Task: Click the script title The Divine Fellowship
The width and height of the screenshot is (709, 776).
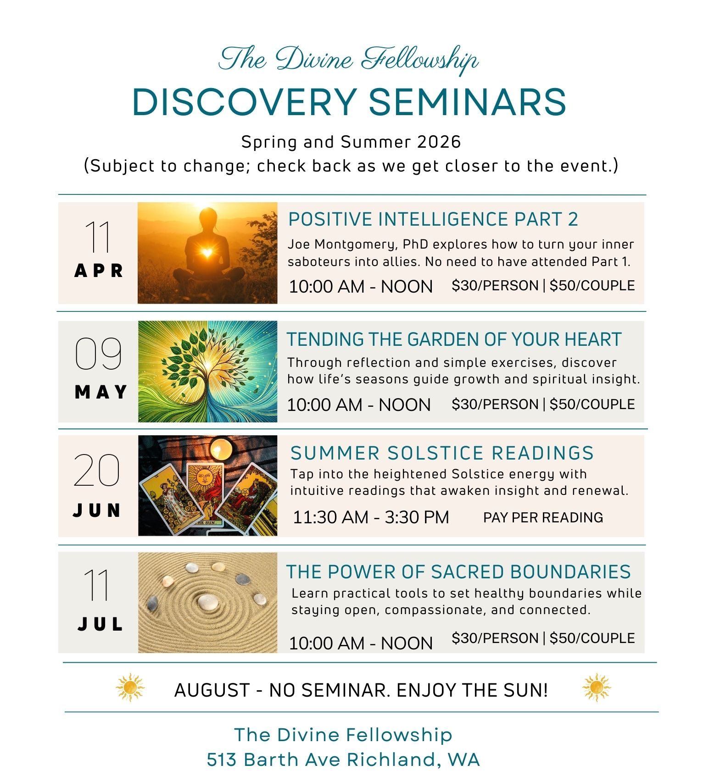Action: click(348, 60)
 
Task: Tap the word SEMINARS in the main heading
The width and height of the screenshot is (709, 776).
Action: click(467, 102)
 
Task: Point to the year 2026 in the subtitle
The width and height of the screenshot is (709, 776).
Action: click(439, 142)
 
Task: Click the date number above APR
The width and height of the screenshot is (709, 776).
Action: click(98, 237)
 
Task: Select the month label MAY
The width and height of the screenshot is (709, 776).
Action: click(100, 392)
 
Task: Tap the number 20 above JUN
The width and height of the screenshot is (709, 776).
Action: click(97, 470)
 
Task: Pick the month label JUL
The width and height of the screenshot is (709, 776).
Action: click(100, 624)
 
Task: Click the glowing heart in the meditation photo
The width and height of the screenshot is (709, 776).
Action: click(207, 252)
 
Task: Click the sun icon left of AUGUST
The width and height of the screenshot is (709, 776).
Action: click(130, 687)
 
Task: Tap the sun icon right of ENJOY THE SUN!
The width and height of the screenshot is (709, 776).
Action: click(596, 687)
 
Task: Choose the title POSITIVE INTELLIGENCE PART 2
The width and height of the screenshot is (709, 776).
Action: click(433, 219)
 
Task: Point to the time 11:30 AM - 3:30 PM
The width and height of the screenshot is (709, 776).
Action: click(371, 517)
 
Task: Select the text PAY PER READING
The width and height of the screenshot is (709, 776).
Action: click(543, 517)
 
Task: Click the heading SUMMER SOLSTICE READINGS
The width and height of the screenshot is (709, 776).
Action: click(442, 453)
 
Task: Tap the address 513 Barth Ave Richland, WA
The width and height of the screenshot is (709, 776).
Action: click(343, 759)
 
